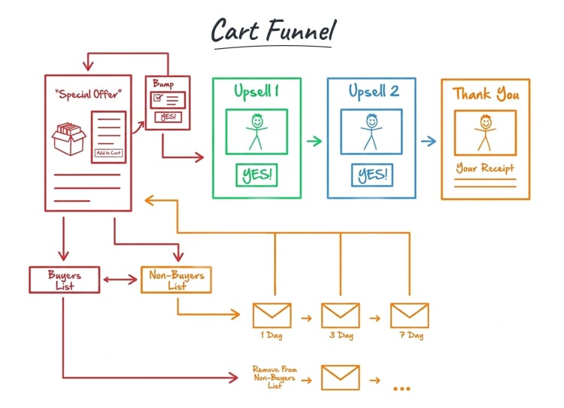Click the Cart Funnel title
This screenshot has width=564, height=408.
pyautogui.click(x=273, y=31)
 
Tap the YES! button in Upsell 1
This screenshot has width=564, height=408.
pyautogui.click(x=256, y=175)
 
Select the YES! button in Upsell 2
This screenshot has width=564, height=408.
pyautogui.click(x=371, y=175)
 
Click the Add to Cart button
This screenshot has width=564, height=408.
pyautogui.click(x=108, y=153)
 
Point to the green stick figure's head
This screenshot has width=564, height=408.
pyautogui.click(x=256, y=120)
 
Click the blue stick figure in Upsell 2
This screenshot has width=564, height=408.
pyautogui.click(x=371, y=132)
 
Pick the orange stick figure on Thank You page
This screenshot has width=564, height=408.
pyautogui.click(x=485, y=131)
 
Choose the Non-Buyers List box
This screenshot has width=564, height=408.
pyautogui.click(x=177, y=280)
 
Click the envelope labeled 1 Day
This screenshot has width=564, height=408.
pyautogui.click(x=271, y=315)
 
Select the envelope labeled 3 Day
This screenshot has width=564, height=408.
pyautogui.click(x=341, y=315)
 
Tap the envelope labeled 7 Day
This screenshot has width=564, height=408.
pyautogui.click(x=409, y=315)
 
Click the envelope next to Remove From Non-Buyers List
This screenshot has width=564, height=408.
pyautogui.click(x=341, y=377)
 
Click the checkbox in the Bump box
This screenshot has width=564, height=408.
pyautogui.click(x=157, y=98)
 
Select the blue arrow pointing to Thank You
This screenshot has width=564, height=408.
pyautogui.click(x=428, y=141)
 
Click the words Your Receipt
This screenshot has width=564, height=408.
pyautogui.click(x=485, y=168)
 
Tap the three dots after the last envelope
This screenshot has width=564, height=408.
pyautogui.click(x=402, y=388)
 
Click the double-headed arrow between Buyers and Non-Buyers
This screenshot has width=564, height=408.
pyautogui.click(x=120, y=280)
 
